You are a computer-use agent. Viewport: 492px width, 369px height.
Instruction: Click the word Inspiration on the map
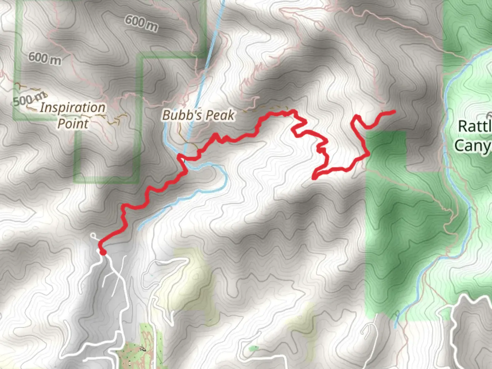72,108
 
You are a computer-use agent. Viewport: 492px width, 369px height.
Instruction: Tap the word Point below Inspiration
73,123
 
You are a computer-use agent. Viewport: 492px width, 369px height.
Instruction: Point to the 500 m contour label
29,100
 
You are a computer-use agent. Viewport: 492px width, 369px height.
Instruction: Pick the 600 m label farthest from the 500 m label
141,23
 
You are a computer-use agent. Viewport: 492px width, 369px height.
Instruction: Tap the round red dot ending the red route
102,252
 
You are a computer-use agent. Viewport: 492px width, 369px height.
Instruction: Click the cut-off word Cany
473,145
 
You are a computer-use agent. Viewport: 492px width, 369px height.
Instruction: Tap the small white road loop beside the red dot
94,235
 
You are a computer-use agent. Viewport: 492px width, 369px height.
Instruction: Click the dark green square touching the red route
385,150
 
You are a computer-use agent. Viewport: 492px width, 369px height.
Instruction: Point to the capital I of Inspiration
42,108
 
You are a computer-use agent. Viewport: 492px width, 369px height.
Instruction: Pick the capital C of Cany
460,145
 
